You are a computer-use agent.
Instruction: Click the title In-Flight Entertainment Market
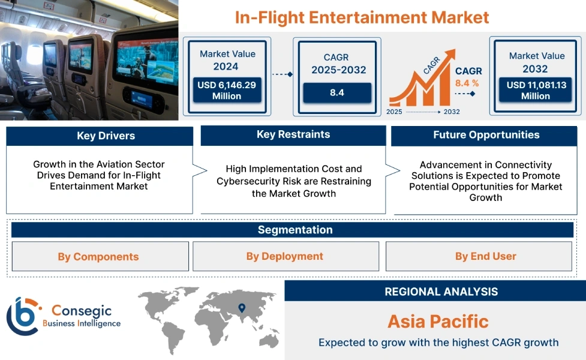click(x=362, y=17)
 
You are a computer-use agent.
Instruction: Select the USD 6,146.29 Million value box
click(x=227, y=91)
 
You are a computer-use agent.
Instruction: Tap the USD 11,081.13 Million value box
click(x=536, y=91)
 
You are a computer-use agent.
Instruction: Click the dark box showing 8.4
click(x=336, y=93)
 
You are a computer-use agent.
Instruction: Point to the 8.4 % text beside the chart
click(x=467, y=83)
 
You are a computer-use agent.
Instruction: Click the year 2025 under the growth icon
click(x=395, y=112)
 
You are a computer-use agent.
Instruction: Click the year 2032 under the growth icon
click(x=452, y=112)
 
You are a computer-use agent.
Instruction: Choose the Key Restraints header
click(x=293, y=134)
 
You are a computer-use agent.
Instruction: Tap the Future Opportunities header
click(x=486, y=135)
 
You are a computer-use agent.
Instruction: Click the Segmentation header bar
click(x=295, y=230)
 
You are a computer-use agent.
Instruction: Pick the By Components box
click(x=98, y=257)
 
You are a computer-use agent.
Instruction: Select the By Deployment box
click(x=285, y=256)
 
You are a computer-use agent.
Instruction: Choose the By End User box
click(x=485, y=256)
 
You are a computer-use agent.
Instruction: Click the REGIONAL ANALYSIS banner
click(x=441, y=292)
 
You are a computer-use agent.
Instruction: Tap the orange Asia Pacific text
click(x=438, y=321)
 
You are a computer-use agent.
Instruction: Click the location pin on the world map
click(x=242, y=308)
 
